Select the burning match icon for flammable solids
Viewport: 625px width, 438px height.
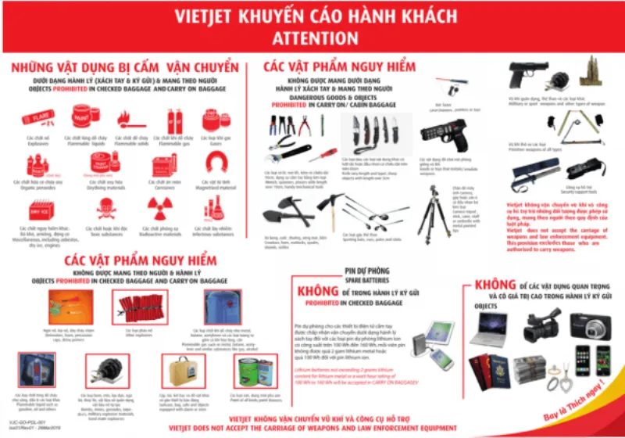pyautogui.click(x=124, y=120)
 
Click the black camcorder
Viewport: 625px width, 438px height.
pyautogui.click(x=541, y=321)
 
